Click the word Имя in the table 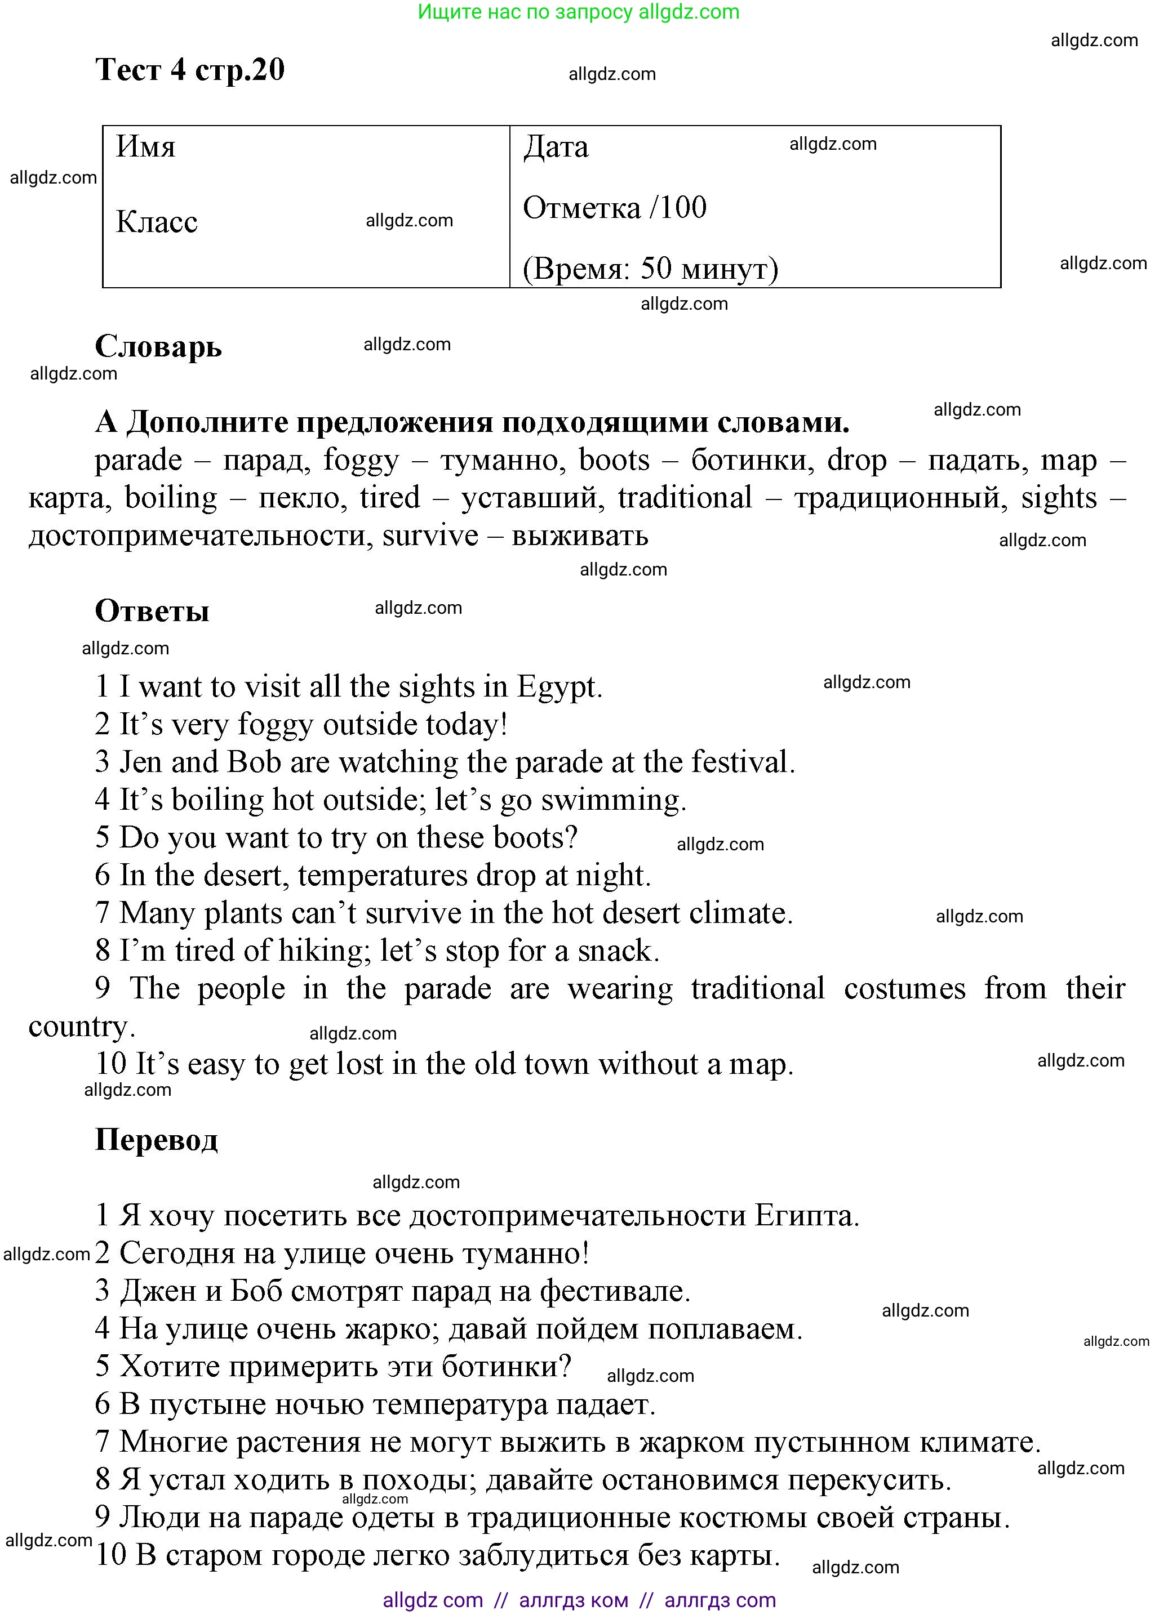pos(145,146)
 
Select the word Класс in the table pos(157,222)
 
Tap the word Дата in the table pos(556,146)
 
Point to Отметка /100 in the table pos(614,208)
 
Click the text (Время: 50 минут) pos(650,269)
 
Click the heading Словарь pos(158,347)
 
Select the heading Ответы pos(152,611)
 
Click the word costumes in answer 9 pos(904,989)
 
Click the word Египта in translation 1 pos(806,1216)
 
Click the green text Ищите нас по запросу pos(525,12)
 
